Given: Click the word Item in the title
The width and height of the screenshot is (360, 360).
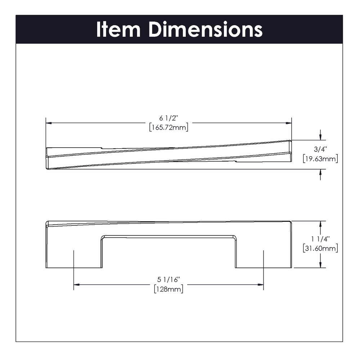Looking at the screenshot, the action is click(118, 30).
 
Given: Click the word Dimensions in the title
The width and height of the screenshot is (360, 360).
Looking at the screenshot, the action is click(206, 30).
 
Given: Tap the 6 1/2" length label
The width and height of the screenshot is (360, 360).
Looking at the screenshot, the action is click(169, 118).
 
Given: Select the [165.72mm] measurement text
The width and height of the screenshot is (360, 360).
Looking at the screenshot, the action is click(169, 127).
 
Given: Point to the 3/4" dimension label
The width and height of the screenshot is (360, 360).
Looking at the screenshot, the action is click(320, 149).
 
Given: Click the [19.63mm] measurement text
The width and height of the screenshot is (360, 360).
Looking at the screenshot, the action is click(320, 159).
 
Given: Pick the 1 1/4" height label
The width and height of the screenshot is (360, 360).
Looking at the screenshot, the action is click(320, 239).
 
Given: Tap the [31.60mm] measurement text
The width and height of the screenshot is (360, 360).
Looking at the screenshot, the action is click(320, 248).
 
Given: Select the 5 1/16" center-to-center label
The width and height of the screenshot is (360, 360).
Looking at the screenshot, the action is click(168, 279).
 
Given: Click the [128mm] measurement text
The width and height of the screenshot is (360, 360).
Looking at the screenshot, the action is click(168, 289).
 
